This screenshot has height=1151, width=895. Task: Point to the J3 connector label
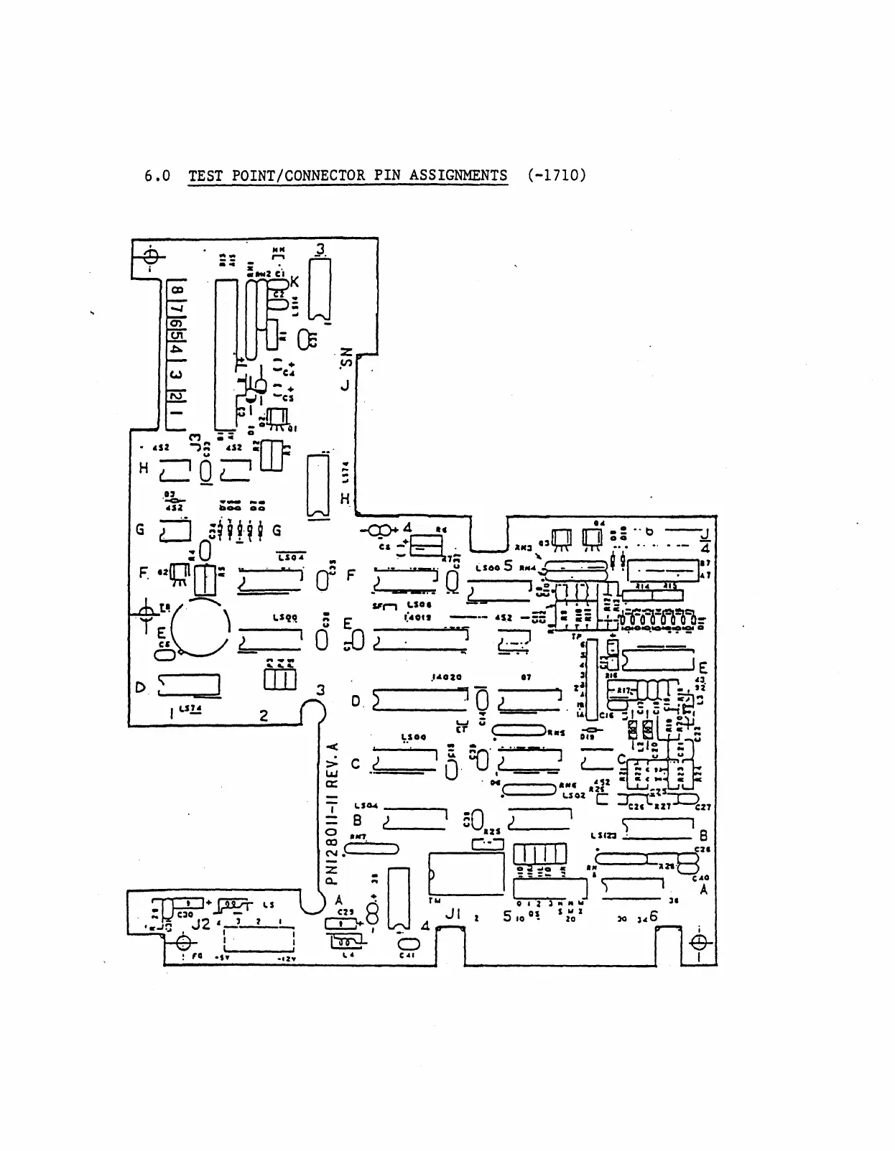tap(193, 441)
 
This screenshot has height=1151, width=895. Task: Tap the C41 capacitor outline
tap(406, 943)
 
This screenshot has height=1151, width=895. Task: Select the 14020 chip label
tap(445, 677)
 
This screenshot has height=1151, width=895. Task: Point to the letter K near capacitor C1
tap(295, 282)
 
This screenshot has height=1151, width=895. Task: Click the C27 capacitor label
tap(702, 807)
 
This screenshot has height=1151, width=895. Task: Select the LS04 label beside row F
tap(292, 557)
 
